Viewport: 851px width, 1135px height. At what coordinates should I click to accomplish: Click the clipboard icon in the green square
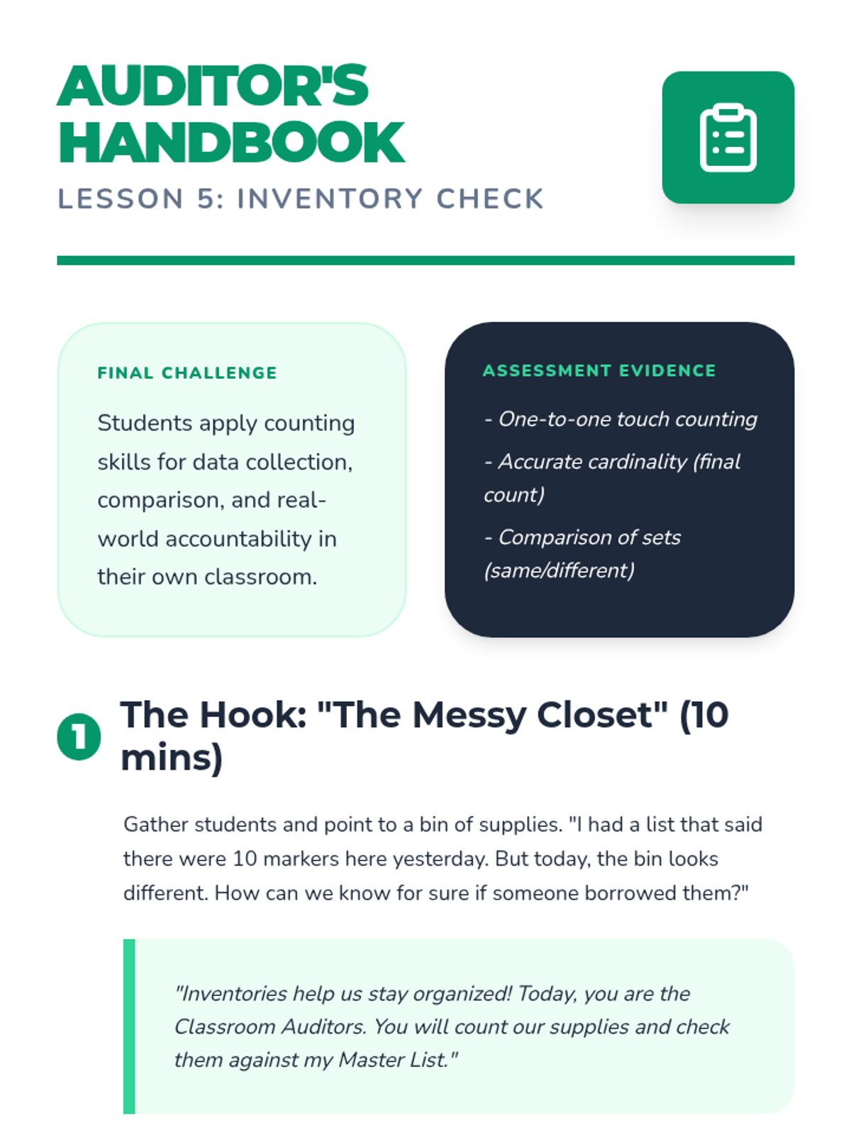tap(728, 138)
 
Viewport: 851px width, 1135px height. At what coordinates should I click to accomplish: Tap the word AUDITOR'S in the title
tap(213, 87)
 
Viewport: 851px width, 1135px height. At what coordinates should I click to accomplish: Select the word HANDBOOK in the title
tap(231, 143)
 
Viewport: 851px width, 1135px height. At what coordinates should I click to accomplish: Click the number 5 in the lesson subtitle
tap(206, 199)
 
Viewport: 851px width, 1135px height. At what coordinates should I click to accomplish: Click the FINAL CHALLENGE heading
tap(187, 373)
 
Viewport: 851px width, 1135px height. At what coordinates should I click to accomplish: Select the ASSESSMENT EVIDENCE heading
tap(599, 371)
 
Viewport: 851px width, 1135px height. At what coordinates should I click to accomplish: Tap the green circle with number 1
tap(79, 737)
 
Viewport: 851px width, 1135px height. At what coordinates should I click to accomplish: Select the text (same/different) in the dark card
tap(559, 570)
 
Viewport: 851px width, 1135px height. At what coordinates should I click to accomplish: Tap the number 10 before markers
tap(245, 859)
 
